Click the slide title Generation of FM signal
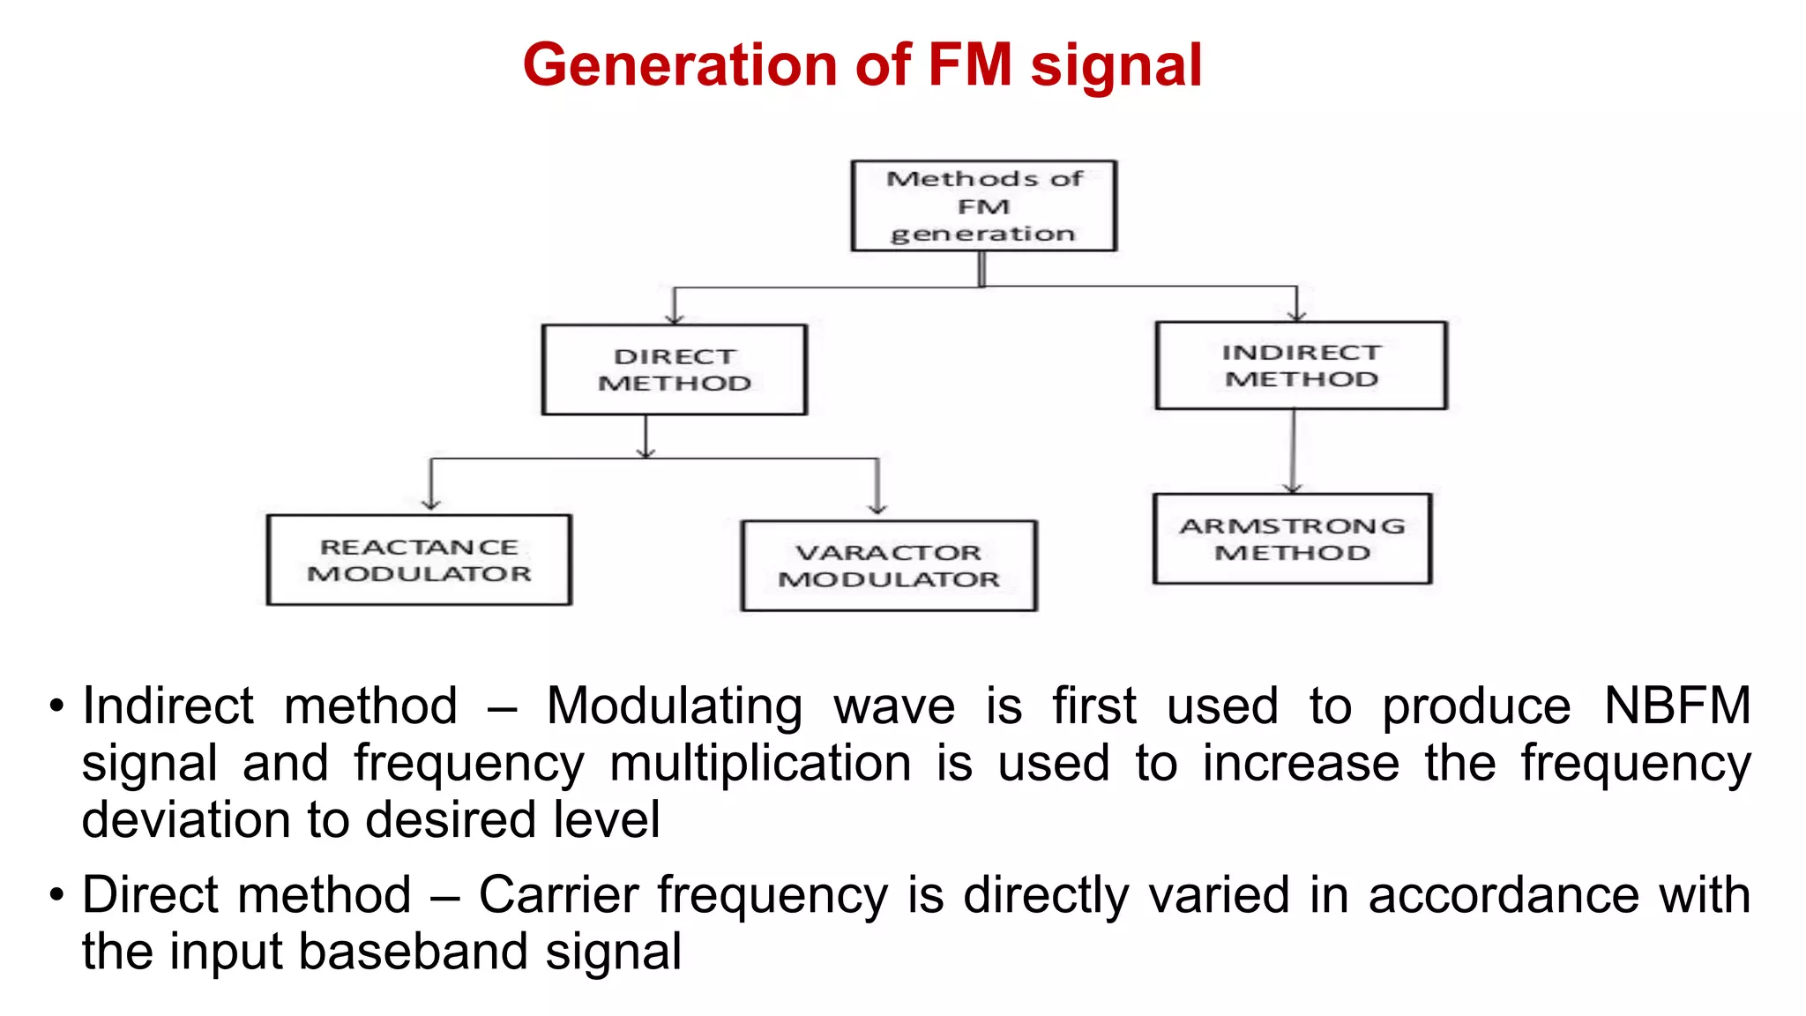point(862,65)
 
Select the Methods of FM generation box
point(983,205)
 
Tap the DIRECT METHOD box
point(675,370)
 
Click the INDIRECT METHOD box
point(1301,365)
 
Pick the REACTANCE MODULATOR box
point(419,560)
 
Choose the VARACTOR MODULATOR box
point(889,565)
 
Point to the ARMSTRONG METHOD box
point(1292,539)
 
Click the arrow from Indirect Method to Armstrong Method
point(1293,450)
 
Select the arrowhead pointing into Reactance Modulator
point(430,504)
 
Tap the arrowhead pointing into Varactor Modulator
point(877,508)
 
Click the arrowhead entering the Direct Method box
point(675,317)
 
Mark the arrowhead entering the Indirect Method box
point(1296,315)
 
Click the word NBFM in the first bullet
point(1676,706)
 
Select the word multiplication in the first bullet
point(760,763)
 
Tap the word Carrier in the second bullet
point(557,895)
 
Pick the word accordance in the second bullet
point(1503,895)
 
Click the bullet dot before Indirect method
point(57,706)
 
